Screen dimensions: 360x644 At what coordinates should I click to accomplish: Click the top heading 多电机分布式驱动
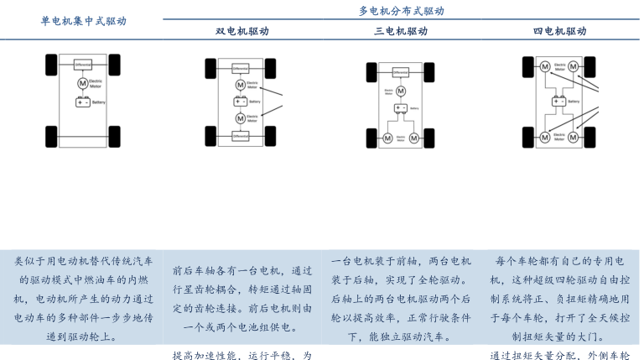click(401, 11)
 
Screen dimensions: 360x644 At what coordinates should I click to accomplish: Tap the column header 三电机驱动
click(401, 31)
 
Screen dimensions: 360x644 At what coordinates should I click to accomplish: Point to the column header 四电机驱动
click(559, 31)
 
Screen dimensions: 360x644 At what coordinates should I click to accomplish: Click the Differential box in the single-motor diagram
click(83, 65)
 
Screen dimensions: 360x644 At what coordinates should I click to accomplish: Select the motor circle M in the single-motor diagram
click(83, 83)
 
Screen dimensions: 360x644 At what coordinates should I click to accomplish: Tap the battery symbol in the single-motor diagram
click(83, 102)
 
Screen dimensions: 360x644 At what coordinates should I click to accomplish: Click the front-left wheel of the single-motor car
click(52, 63)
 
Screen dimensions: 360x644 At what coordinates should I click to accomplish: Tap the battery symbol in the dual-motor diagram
click(241, 102)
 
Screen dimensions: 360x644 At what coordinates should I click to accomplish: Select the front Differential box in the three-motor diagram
click(401, 72)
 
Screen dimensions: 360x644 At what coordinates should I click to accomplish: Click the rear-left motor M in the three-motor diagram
click(388, 138)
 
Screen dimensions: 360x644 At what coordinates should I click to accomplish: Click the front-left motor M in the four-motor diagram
click(544, 66)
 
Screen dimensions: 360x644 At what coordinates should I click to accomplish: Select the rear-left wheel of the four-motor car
click(528, 136)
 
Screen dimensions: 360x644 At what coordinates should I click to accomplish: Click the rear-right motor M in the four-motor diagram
click(574, 136)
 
